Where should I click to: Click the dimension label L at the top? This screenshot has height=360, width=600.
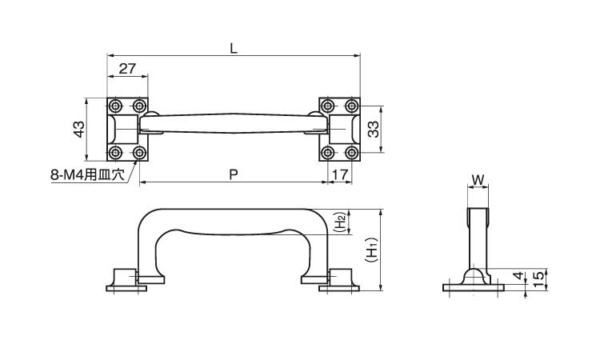[x=234, y=48]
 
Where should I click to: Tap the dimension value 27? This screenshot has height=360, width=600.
[x=127, y=69]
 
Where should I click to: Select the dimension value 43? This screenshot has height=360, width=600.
[x=79, y=129]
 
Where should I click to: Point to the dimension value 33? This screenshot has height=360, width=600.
[x=373, y=129]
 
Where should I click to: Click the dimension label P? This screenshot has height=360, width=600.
[x=234, y=174]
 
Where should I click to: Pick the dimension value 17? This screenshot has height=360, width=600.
[x=340, y=174]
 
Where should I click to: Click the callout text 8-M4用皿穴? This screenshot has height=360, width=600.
[x=88, y=175]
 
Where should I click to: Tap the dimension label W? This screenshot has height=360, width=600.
[x=478, y=179]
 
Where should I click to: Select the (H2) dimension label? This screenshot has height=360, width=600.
[x=342, y=222]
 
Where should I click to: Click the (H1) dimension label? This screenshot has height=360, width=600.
[x=371, y=250]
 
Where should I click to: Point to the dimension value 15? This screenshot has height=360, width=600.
[x=538, y=281]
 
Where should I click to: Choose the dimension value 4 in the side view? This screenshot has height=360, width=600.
[x=518, y=275]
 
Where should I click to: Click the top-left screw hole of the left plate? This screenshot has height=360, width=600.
[x=115, y=106]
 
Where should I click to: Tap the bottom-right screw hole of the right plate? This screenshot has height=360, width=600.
[x=352, y=153]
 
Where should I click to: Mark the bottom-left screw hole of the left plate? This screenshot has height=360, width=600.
[x=115, y=153]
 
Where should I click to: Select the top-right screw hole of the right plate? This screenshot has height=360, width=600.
[x=352, y=106]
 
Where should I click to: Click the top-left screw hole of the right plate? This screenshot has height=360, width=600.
[x=327, y=106]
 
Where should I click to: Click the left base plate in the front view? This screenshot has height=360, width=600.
[x=126, y=289]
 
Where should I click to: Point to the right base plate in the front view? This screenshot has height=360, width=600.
[x=339, y=289]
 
